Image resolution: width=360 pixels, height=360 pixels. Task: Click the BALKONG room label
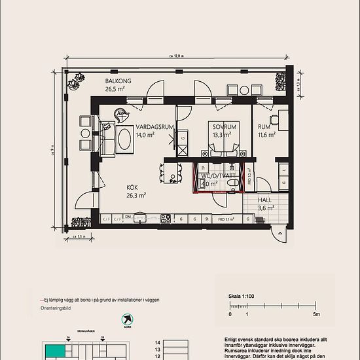[118, 81]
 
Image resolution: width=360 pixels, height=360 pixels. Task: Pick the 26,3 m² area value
[136, 194]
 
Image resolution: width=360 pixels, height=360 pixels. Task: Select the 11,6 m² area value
[266, 135]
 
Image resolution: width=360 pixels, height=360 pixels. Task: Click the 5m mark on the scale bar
[316, 315]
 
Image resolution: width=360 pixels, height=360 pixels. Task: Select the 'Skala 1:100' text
[242, 296]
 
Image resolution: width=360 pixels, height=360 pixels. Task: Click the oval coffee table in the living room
[124, 139]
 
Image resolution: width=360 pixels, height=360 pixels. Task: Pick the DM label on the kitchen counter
[129, 217]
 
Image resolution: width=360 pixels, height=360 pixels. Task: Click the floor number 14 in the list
[156, 342]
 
